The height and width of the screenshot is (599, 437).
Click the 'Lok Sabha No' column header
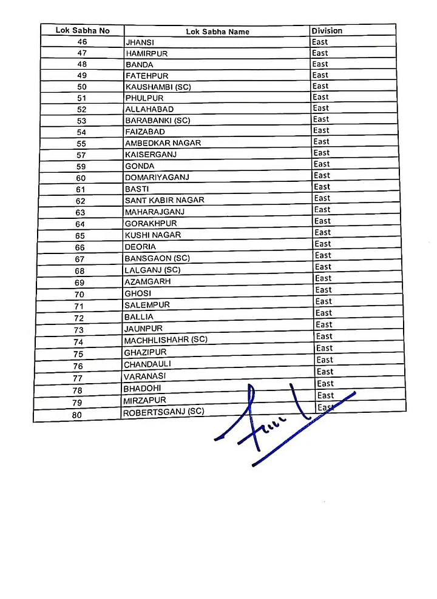coord(83,30)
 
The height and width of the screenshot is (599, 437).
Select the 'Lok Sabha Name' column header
coord(217,32)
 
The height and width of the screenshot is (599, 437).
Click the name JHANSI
coord(139,42)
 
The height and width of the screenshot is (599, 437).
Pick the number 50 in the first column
coord(82,87)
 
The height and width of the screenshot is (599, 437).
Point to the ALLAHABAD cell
coord(149,109)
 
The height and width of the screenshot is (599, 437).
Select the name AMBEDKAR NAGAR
coord(163,143)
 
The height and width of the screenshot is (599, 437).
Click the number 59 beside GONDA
coord(81,166)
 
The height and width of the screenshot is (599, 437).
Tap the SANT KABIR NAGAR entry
coord(164,200)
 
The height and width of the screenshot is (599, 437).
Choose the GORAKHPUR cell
coord(151,223)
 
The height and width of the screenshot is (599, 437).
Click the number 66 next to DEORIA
coord(80,247)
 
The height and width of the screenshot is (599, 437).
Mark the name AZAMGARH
coord(147,282)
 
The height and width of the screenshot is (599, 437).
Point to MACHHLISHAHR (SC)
coord(165,340)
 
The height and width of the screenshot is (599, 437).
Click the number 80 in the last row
coord(76,415)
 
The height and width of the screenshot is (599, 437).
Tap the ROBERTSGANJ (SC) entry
coord(163,412)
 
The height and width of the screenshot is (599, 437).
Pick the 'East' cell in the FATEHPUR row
coord(320,75)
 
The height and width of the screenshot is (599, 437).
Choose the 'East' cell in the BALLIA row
coord(324,313)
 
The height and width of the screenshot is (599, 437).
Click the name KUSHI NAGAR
coord(152,235)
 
